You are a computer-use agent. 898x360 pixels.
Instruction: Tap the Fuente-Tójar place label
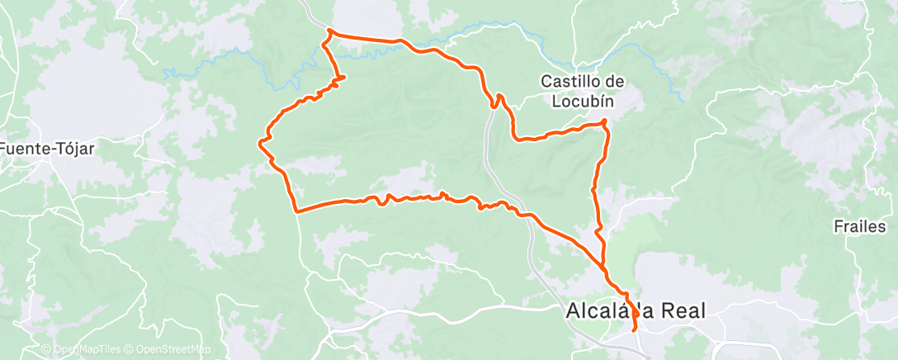point(47,149)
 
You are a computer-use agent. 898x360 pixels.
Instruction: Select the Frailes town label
point(859,226)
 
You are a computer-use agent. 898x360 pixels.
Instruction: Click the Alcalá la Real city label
point(636,311)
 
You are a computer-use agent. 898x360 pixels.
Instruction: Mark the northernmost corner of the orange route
point(329,31)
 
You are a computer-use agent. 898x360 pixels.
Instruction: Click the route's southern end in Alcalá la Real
point(634,330)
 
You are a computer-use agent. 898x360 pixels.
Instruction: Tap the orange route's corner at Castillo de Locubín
point(605,122)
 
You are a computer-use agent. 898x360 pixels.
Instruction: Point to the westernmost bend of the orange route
point(262,144)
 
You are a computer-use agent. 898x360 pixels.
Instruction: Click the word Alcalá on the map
point(596,311)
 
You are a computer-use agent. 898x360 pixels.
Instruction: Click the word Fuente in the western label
point(23,149)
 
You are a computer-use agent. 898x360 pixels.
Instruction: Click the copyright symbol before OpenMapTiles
point(46,350)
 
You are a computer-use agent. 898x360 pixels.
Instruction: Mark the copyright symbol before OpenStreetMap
point(130,350)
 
